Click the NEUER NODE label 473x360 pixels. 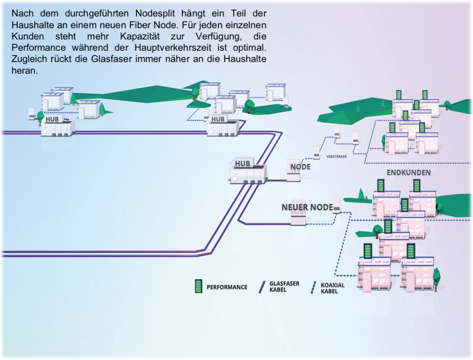coord(307,207)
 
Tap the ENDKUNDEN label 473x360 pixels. coord(408,172)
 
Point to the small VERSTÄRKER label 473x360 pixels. coord(336,156)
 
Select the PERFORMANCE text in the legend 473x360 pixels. coord(226,287)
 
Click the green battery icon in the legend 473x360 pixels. coord(198,287)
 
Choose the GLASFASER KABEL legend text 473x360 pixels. coord(284,287)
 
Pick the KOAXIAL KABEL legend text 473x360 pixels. coord(333,288)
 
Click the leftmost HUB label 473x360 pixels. coord(52,119)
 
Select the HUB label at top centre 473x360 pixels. coord(218,119)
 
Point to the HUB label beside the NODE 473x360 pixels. coord(243,163)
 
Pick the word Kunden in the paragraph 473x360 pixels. coord(28,36)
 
